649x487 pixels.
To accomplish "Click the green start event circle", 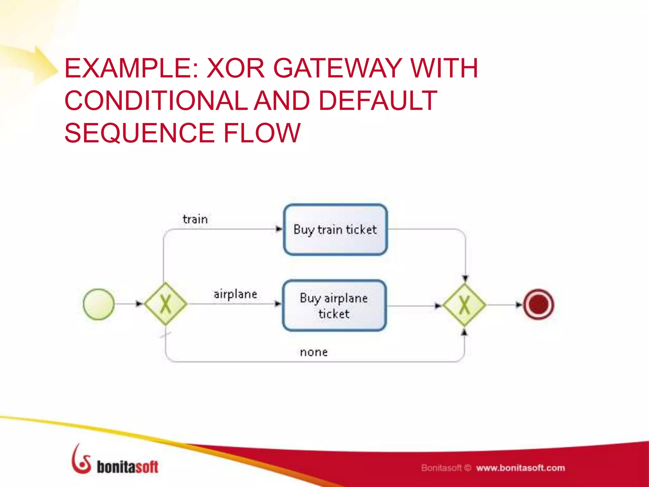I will [x=99, y=304].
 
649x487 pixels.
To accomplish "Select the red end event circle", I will [x=538, y=304].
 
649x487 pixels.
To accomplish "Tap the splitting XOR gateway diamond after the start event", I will [x=165, y=304].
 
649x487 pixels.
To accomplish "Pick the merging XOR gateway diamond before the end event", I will [x=464, y=305].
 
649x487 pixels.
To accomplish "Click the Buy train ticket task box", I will [x=335, y=230].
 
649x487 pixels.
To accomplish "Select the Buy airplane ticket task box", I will [x=334, y=306].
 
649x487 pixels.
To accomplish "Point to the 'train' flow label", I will [x=195, y=219].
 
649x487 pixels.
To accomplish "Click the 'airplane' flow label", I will [x=235, y=294].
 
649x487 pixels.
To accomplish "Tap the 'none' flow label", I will [x=314, y=352].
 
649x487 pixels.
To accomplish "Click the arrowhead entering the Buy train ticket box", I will [x=279, y=229].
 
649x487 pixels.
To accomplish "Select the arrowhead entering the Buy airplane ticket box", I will [x=278, y=304].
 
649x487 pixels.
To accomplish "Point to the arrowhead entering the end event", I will [x=519, y=305].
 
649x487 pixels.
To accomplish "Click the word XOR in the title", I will [x=236, y=68].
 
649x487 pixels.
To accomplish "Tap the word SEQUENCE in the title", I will [x=139, y=133].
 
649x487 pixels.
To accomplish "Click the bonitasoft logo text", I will [x=127, y=467].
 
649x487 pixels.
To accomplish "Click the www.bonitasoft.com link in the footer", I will [x=520, y=468].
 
